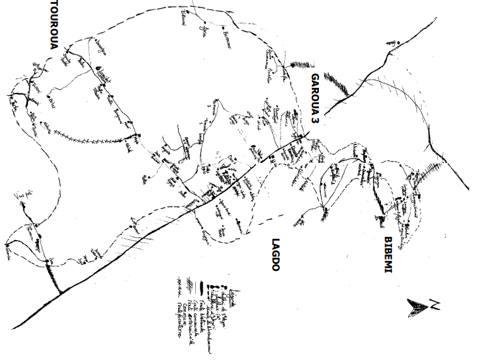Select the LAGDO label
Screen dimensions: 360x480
tap(275, 255)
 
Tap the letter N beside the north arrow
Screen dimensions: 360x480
tap(436, 307)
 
